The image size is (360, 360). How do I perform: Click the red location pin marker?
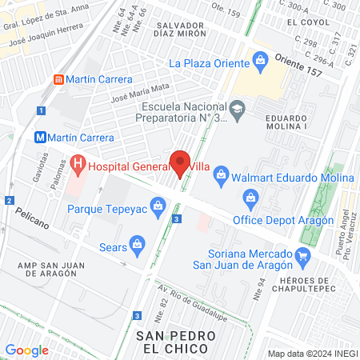[x=180, y=163]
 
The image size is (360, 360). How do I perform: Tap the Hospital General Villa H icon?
[x=78, y=166]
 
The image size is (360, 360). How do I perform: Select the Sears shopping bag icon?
[x=137, y=243]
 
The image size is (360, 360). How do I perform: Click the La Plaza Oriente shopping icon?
[x=260, y=59]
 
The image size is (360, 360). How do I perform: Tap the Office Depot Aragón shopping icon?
[x=251, y=198]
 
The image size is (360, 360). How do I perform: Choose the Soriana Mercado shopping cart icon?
[x=302, y=256]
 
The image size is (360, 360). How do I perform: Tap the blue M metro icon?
[x=40, y=137]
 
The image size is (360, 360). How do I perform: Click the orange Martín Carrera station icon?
[x=58, y=79]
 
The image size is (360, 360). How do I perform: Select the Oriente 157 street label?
[x=298, y=64]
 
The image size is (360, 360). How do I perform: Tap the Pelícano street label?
[x=31, y=218]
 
